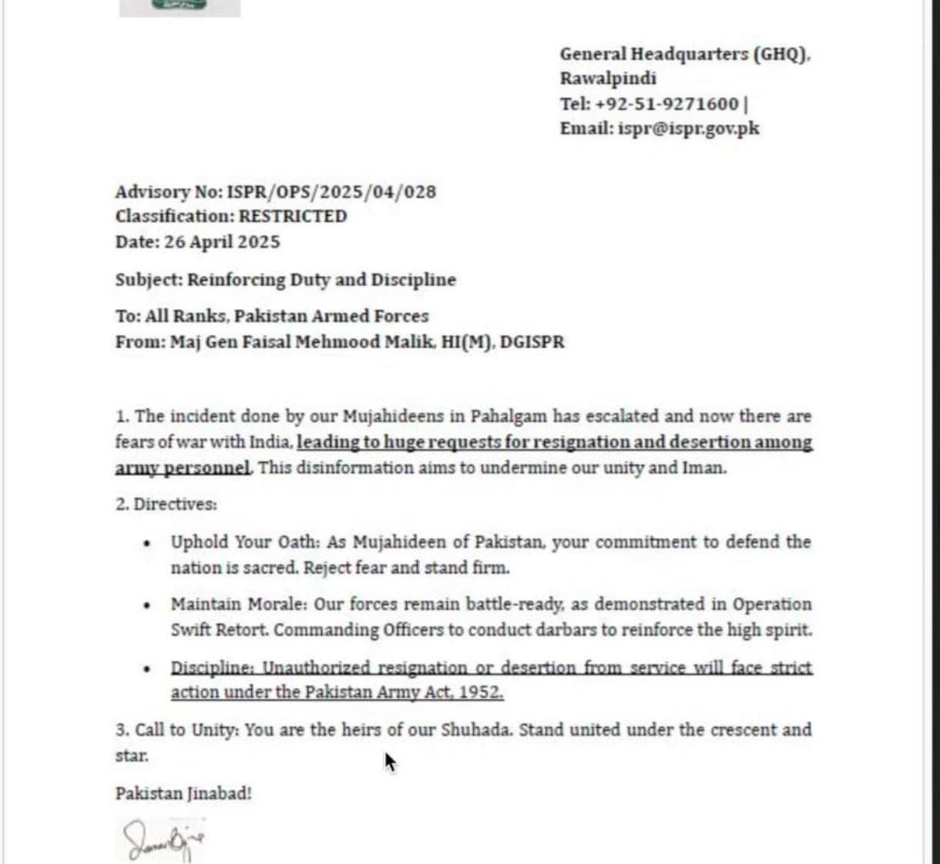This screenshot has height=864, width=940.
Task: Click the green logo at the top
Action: pos(180,6)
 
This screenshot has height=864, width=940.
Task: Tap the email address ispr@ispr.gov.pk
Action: pos(688,129)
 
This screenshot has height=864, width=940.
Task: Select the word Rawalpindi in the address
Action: pos(608,79)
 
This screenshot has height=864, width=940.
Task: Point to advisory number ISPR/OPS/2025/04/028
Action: pos(331,192)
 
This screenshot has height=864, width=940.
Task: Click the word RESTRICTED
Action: pos(293,216)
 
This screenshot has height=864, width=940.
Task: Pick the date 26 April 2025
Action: pos(222,242)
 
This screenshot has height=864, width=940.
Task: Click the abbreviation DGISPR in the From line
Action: pos(532,342)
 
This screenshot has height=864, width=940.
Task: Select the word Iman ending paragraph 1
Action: pos(703,468)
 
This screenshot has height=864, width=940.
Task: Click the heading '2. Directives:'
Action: pos(166,504)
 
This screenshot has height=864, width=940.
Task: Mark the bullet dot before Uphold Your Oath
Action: pos(146,544)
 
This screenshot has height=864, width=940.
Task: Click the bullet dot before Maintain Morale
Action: pos(146,605)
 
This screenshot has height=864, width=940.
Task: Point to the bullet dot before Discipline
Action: pos(146,668)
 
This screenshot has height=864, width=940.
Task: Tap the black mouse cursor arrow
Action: pos(390,762)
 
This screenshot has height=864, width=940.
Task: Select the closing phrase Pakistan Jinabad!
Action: pos(183,793)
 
